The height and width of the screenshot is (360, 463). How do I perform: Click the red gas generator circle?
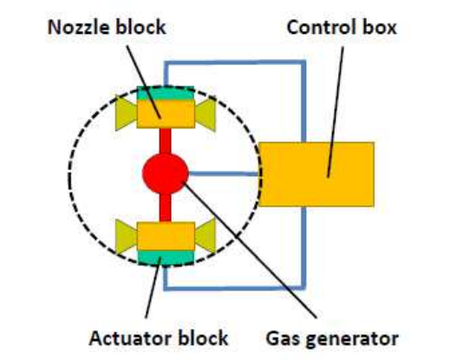166,173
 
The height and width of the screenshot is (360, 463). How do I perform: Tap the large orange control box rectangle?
316,174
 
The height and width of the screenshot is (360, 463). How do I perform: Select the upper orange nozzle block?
166,114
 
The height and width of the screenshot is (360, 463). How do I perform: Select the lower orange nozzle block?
166,236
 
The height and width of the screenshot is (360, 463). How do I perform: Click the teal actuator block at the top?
166,93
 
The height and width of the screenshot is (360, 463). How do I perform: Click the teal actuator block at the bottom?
166,258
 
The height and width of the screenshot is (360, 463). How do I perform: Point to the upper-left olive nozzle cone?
126,114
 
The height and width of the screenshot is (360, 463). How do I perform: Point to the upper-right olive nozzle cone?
205,115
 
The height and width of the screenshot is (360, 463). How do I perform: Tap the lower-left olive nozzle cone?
126,237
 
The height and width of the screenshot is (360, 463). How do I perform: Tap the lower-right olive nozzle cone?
205,236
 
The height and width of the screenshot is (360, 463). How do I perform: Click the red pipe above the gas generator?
166,141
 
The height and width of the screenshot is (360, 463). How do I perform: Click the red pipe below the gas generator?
166,207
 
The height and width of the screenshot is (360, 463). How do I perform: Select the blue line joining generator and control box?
224,173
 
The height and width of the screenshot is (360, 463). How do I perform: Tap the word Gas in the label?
284,338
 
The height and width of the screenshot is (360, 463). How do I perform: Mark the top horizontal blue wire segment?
235,62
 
